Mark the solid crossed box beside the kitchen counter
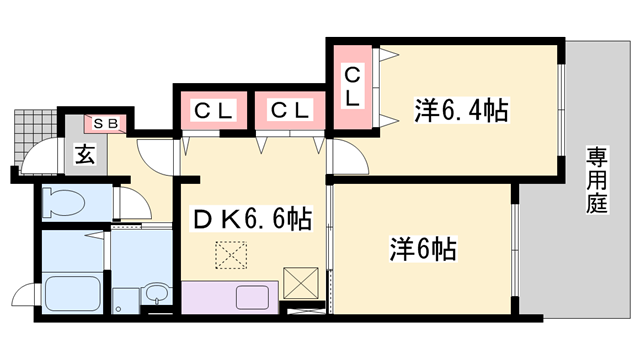[x=300, y=282]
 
